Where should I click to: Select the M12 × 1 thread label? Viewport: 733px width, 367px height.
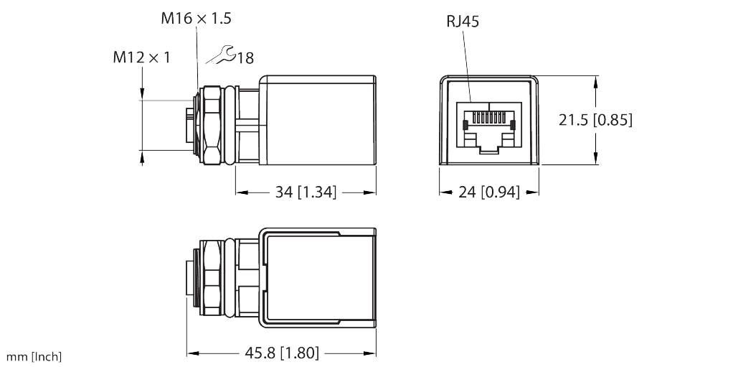coord(141,57)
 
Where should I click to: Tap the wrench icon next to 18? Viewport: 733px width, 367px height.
coord(222,55)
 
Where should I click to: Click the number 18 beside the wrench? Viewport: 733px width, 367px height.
coord(245,58)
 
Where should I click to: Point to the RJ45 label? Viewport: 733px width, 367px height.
coord(463,22)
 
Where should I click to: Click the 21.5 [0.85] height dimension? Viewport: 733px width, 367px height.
coord(595,120)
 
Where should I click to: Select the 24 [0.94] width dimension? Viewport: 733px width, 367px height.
coord(489,192)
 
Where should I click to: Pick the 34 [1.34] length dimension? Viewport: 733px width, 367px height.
coord(306,192)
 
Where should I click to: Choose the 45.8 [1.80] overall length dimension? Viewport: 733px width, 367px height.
coord(281,353)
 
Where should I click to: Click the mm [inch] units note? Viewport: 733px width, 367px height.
coord(34,357)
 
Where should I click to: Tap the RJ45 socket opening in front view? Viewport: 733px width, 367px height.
coord(490,128)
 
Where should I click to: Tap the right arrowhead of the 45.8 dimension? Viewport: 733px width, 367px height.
coord(372,353)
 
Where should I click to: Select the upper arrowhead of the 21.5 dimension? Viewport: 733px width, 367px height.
coord(596,82)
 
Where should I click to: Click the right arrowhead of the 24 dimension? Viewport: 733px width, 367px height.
coord(535,192)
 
